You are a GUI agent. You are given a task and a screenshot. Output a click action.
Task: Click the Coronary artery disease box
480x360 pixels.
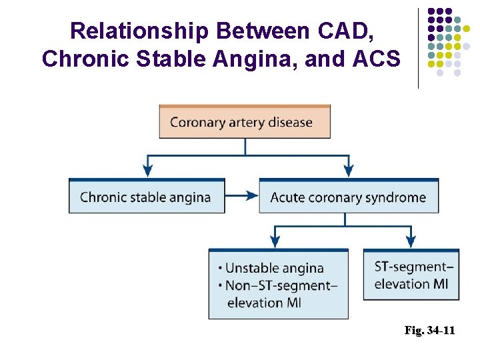(x=245, y=122)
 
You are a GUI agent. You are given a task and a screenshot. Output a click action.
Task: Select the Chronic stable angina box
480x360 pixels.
(x=147, y=197)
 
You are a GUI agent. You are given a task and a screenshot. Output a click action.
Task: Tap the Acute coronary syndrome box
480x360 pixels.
(x=348, y=197)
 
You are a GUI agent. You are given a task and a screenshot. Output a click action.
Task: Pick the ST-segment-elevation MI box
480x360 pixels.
(x=411, y=275)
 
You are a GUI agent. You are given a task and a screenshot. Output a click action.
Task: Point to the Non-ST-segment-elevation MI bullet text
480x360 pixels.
(x=281, y=293)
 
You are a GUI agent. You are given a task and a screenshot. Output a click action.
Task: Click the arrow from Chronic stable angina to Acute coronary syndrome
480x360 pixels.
(x=242, y=196)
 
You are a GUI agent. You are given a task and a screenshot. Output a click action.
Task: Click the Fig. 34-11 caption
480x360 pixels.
(x=429, y=330)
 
